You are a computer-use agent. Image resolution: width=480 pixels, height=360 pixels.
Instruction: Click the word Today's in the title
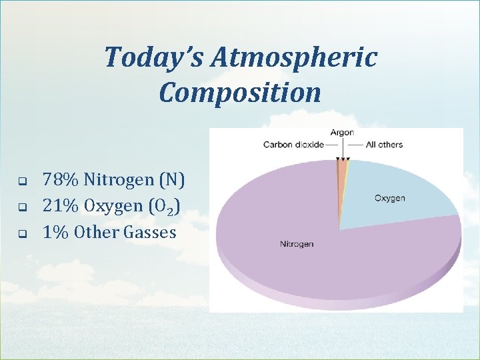(153, 58)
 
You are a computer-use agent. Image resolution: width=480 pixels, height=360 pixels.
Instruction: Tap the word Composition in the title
(240, 93)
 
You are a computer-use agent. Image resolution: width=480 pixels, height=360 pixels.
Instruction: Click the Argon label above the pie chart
(342, 133)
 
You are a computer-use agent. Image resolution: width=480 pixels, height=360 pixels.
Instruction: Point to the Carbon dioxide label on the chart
(293, 145)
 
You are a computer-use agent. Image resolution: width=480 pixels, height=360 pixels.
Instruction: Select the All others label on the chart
(384, 145)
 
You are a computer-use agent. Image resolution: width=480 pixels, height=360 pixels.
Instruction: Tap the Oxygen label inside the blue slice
(389, 199)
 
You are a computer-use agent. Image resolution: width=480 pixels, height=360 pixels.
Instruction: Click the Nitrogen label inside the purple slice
(296, 244)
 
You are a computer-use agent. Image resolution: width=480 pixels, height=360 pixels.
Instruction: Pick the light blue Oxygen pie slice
(400, 187)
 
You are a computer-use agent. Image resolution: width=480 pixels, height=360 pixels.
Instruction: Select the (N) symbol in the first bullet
(173, 179)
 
